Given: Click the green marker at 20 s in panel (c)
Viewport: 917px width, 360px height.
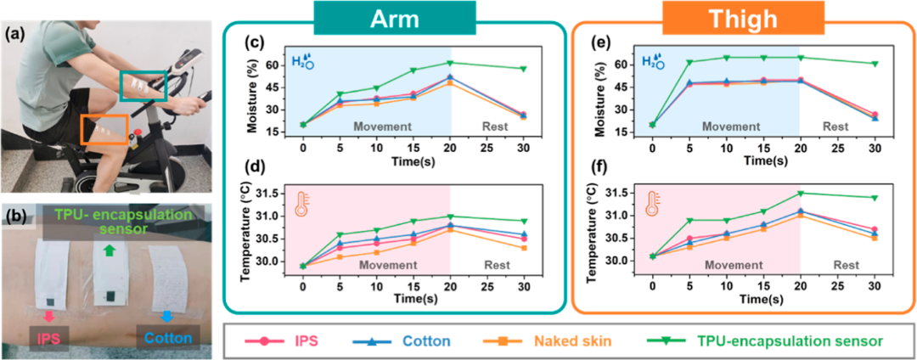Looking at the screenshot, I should (x=450, y=63).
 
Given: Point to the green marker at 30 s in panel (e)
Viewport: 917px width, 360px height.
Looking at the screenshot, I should (x=875, y=64).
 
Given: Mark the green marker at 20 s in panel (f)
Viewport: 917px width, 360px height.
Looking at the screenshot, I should (x=800, y=194).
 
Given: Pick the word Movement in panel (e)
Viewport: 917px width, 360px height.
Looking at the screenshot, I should (x=724, y=127).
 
